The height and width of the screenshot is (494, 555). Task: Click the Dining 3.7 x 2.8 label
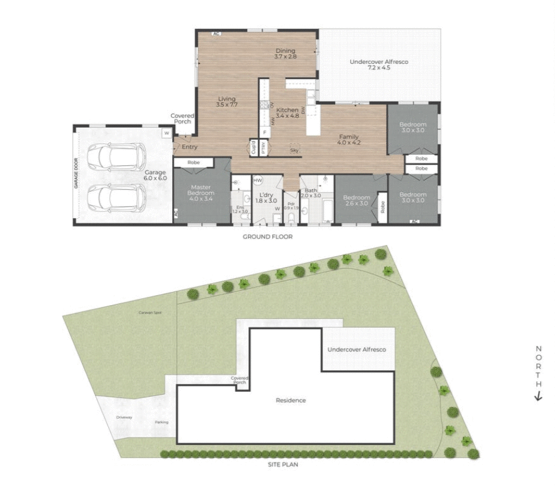click(286, 54)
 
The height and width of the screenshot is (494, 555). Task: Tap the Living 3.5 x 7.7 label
click(227, 102)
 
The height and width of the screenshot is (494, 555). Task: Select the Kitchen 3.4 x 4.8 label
click(287, 113)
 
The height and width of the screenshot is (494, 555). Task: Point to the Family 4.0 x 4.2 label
click(349, 140)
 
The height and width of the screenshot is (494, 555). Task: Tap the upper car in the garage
click(116, 157)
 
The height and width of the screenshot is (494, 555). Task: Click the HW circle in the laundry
click(258, 180)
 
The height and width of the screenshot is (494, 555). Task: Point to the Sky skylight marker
click(294, 149)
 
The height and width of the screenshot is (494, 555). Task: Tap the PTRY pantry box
click(263, 148)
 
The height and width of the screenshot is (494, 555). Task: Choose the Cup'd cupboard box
click(253, 148)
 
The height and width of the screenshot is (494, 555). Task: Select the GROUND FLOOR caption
click(267, 237)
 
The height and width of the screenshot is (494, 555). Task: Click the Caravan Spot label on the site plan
click(150, 312)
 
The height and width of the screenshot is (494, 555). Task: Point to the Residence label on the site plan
click(291, 400)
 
